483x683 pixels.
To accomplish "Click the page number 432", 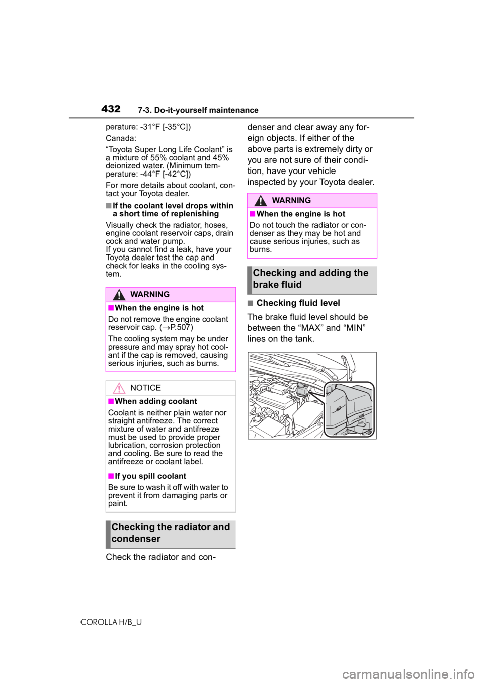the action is coord(110,109).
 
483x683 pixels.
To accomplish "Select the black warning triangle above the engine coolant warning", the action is coord(119,295).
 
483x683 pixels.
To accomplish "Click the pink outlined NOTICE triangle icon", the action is coord(119,389).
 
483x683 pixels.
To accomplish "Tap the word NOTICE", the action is coord(145,388).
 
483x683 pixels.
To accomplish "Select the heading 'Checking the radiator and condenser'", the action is coord(171,533).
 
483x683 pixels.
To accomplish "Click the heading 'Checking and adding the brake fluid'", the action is coord(310,279).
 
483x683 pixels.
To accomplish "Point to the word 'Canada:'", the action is coord(121,138).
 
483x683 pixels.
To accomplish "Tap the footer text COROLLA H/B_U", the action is coord(112,623).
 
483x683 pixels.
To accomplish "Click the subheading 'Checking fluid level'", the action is coord(298,303).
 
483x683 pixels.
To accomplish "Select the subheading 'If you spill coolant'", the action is coord(150,476).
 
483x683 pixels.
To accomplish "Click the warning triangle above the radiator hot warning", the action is coord(261,201).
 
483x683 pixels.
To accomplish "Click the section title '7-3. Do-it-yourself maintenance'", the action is coord(198,110).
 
